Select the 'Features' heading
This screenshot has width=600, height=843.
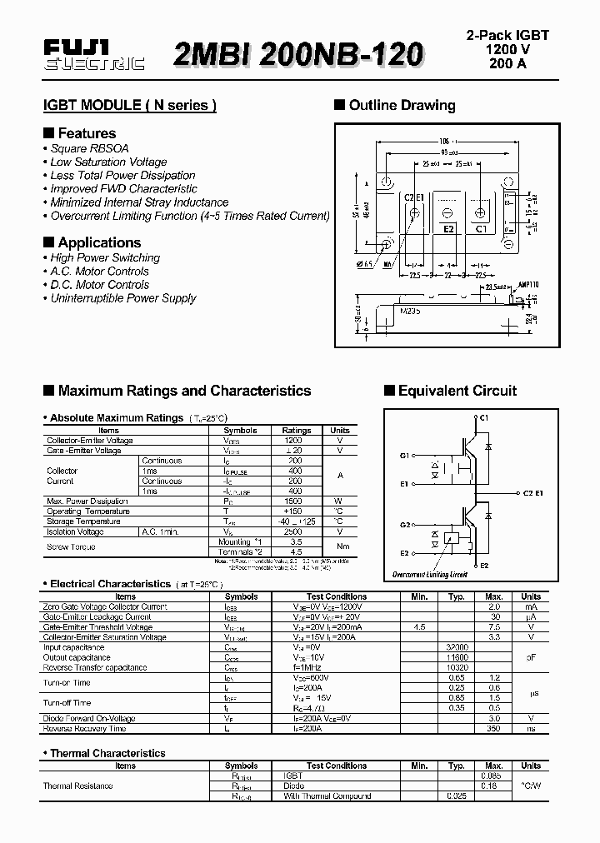pyautogui.click(x=87, y=133)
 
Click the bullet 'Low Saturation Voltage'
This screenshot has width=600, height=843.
pyautogui.click(x=108, y=162)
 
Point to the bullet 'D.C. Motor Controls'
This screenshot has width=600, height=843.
pyautogui.click(x=99, y=284)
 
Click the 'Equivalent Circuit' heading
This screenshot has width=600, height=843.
pyautogui.click(x=457, y=391)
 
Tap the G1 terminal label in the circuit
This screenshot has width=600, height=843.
pyautogui.click(x=404, y=456)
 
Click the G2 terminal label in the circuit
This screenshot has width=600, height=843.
pyautogui.click(x=404, y=525)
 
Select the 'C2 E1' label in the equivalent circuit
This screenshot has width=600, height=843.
pyautogui.click(x=533, y=493)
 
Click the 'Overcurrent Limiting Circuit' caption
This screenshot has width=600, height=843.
pyautogui.click(x=430, y=575)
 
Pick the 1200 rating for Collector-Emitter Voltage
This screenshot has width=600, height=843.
pyautogui.click(x=294, y=440)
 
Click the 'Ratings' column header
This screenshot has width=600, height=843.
pyautogui.click(x=297, y=431)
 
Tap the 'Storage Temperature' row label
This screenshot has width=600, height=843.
pyautogui.click(x=82, y=521)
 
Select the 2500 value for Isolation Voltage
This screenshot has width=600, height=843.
pyautogui.click(x=294, y=531)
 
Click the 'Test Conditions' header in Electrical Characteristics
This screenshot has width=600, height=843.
pyautogui.click(x=337, y=596)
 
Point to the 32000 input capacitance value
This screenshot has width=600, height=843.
pyautogui.click(x=456, y=647)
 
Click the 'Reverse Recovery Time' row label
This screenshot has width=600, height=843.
pyautogui.click(x=84, y=729)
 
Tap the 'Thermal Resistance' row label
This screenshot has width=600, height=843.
pyautogui.click(x=77, y=786)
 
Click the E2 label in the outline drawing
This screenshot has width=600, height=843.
pyautogui.click(x=447, y=227)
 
